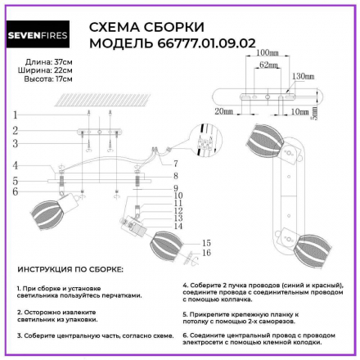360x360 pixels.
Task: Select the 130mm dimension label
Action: [302, 76]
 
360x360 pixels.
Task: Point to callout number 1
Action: [16, 115]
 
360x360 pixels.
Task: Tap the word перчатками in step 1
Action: [124, 295]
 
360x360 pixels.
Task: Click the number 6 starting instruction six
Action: [184, 335]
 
